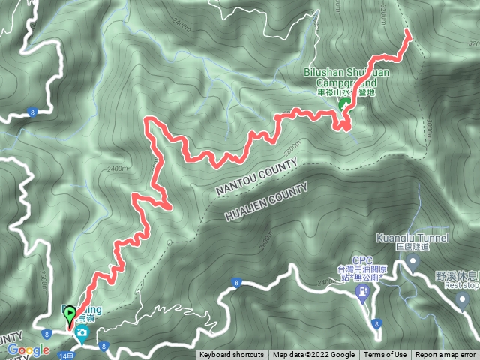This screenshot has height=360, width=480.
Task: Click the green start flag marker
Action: point(70,315)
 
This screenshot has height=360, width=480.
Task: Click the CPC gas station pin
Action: point(364,290)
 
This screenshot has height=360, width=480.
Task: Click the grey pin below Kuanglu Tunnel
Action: point(412,262)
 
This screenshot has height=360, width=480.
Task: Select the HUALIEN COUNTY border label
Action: point(266,202)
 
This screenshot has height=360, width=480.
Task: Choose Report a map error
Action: point(445,355)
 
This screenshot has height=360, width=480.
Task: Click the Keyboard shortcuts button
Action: point(231,355)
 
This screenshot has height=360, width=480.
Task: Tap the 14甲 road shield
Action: point(65,354)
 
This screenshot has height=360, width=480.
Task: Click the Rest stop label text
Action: point(460,284)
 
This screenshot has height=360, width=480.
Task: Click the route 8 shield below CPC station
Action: point(376,324)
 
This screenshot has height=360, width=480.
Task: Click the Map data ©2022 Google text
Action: point(314,355)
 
